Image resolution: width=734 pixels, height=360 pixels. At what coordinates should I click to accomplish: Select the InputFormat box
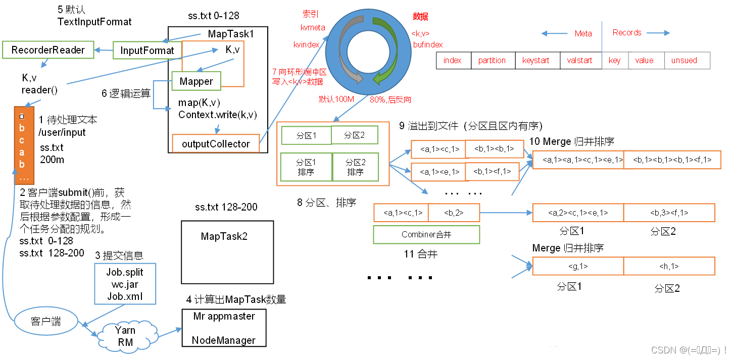(x=147, y=50)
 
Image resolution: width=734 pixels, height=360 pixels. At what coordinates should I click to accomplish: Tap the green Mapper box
(x=197, y=81)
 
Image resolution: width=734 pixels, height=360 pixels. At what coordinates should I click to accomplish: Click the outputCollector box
(x=216, y=144)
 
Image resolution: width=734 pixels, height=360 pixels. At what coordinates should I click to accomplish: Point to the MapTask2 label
(x=224, y=236)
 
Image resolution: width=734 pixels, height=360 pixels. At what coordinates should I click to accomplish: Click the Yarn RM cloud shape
(x=125, y=336)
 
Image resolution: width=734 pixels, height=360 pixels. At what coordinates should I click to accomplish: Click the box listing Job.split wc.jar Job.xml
(x=125, y=284)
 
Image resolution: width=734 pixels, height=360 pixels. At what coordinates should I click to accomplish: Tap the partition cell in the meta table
(x=492, y=61)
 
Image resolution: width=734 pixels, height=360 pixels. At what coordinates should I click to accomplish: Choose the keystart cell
(x=536, y=61)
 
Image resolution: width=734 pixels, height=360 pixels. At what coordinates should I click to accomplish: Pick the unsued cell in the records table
(x=684, y=61)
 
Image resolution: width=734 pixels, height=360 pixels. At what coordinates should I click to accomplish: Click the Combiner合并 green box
(x=426, y=234)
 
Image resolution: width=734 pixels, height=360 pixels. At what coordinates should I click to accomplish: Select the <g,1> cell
(x=578, y=266)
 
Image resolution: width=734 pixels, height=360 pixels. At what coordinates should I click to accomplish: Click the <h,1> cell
(x=669, y=266)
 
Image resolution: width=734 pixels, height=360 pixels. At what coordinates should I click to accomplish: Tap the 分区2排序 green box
(x=355, y=167)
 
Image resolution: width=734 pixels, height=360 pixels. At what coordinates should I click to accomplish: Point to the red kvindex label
(x=306, y=45)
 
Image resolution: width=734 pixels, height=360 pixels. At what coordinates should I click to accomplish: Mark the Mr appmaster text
(x=224, y=316)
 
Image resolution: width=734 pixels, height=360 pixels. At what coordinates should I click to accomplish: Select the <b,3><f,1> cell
(x=669, y=213)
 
